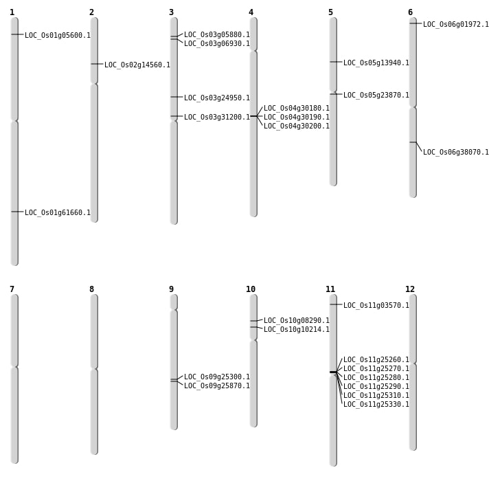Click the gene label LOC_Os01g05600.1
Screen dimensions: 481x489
click(58, 36)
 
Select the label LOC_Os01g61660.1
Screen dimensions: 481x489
click(58, 213)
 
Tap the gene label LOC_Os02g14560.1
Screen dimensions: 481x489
click(137, 65)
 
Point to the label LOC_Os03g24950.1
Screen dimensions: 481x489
click(217, 98)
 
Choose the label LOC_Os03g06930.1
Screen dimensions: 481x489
click(217, 44)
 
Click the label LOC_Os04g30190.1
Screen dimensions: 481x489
click(297, 118)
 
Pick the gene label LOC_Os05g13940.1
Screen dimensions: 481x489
click(376, 63)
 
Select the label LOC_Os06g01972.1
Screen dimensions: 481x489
click(456, 25)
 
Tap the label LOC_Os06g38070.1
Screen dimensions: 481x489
click(456, 153)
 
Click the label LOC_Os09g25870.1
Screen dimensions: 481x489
click(217, 386)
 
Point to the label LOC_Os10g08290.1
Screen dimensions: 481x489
click(297, 321)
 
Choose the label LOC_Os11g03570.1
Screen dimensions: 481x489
click(376, 306)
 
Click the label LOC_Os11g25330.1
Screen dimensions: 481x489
click(376, 405)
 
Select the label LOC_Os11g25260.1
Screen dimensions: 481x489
click(376, 360)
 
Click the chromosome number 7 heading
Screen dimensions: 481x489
click(12, 289)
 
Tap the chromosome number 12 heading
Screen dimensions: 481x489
click(410, 289)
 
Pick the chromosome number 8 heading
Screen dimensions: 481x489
click(91, 289)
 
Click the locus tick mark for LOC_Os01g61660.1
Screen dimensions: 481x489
click(14, 212)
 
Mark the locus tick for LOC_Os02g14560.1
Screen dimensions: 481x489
click(94, 64)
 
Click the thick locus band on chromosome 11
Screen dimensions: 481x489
click(333, 372)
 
